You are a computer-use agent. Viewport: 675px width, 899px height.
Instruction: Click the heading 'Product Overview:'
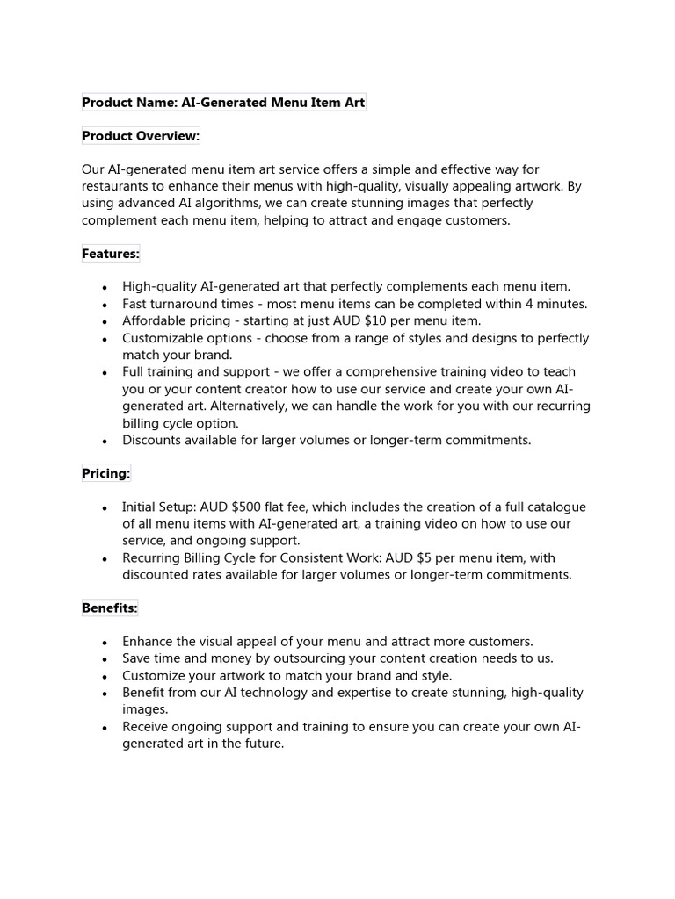tap(141, 136)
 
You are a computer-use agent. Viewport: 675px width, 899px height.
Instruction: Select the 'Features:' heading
tap(111, 254)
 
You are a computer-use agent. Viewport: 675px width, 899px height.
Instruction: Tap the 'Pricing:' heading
tap(105, 474)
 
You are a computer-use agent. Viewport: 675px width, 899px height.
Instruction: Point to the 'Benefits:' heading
tap(110, 608)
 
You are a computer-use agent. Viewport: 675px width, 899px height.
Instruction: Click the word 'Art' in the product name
tap(353, 103)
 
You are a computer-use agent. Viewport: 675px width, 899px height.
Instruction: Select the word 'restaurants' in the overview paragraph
tap(117, 187)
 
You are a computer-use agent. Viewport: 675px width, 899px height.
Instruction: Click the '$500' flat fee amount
tap(248, 507)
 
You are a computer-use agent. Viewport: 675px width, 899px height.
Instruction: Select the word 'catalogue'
tap(555, 507)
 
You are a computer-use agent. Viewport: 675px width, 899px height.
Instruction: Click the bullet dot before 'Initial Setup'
tap(105, 508)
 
